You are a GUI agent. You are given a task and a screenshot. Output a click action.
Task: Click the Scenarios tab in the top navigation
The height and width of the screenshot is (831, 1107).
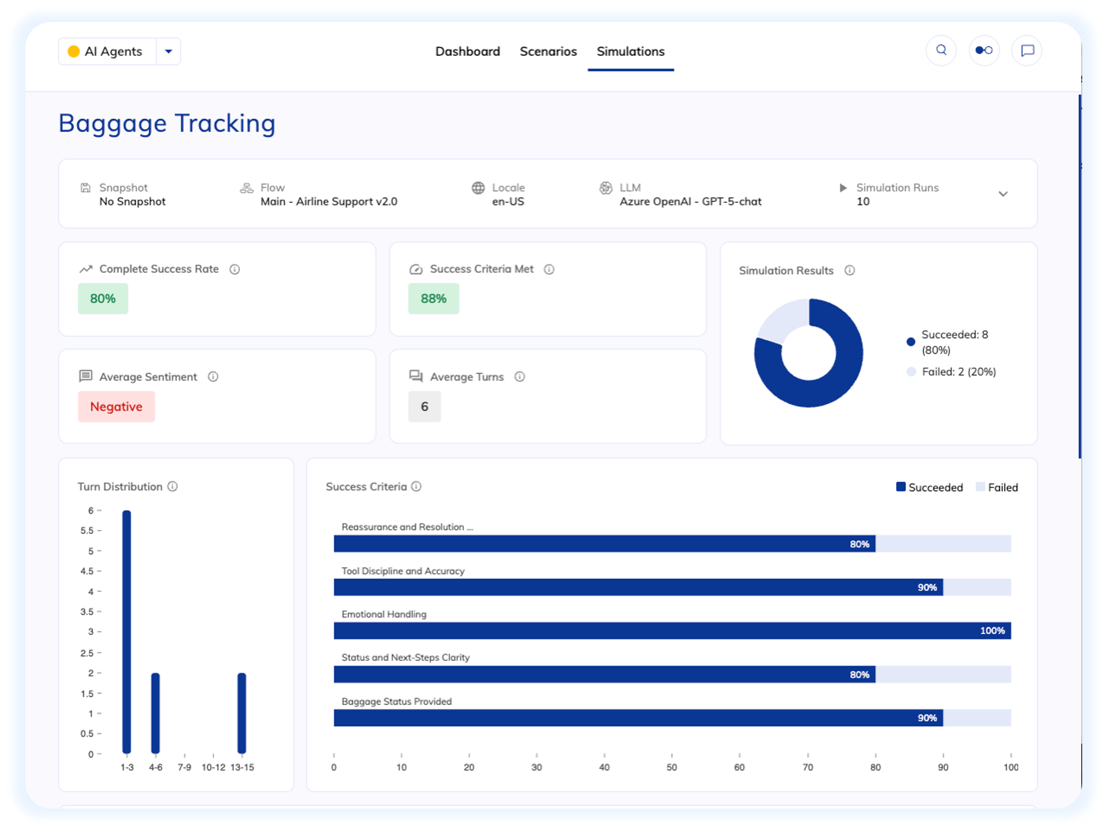coord(548,52)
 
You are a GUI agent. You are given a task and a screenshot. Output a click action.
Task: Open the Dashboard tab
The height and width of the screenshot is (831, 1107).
coord(467,52)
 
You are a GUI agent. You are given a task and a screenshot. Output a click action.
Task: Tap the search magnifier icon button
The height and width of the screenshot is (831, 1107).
coord(941,51)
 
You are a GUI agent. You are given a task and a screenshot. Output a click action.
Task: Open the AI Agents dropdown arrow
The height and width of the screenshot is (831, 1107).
coord(169,52)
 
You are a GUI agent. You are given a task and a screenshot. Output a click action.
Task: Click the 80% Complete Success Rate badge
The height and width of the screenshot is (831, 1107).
coord(103,299)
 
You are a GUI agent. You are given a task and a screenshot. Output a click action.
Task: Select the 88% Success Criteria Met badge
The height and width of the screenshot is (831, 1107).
coord(434,299)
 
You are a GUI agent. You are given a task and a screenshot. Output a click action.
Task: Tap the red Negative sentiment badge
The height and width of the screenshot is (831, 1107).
coord(116,407)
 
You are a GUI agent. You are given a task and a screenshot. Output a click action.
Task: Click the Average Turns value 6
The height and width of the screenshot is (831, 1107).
coord(425,407)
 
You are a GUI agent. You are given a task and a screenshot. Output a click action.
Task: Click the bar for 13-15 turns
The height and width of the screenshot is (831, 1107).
coord(242,713)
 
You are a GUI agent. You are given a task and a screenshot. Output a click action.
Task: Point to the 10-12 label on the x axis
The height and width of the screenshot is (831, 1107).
coord(213,767)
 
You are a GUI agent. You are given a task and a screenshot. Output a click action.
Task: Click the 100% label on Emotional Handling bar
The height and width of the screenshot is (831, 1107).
coord(992,631)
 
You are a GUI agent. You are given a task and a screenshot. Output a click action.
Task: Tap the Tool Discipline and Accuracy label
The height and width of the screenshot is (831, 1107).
coord(403,571)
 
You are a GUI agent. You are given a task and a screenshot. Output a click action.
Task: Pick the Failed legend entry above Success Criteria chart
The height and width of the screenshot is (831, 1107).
coord(997,487)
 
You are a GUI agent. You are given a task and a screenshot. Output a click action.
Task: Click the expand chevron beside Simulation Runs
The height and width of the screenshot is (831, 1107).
coord(1003,194)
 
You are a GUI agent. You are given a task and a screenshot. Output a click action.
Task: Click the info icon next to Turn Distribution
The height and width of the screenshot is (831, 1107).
coord(172,486)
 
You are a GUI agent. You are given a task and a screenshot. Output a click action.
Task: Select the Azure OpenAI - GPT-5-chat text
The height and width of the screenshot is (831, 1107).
coord(690,201)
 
